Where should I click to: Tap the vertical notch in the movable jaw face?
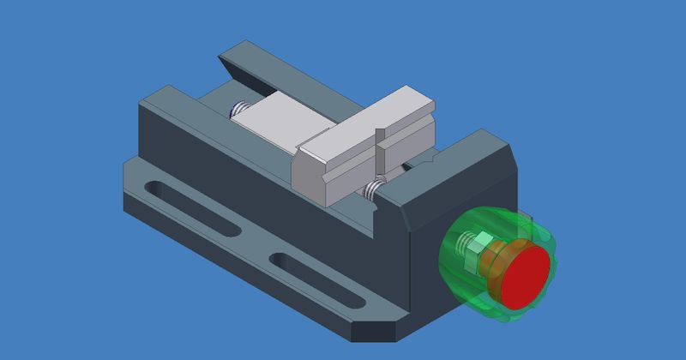378,154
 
